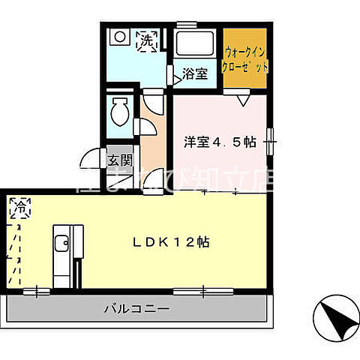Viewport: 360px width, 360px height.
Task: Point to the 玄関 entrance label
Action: pyautogui.click(x=119, y=160)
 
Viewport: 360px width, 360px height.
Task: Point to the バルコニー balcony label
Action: pyautogui.click(x=136, y=309)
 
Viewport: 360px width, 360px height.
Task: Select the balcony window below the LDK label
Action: pyautogui.click(x=195, y=289)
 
